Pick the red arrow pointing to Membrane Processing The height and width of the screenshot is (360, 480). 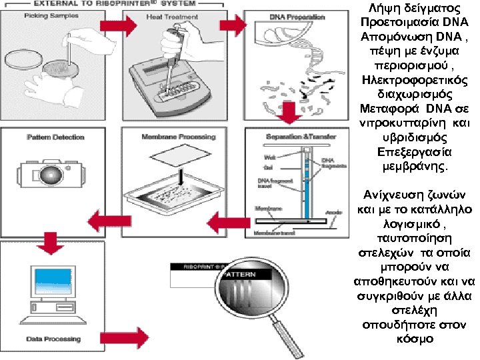coord(225,219)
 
